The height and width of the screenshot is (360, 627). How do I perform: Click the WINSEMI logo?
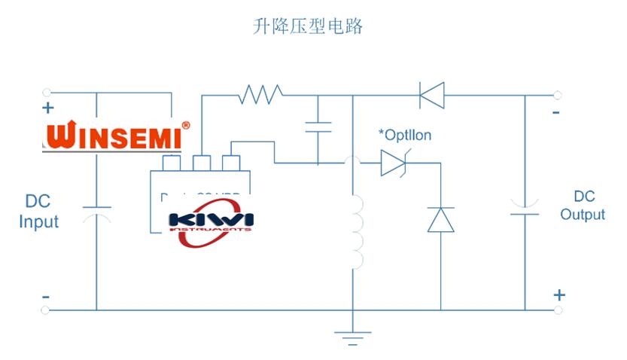[117, 136]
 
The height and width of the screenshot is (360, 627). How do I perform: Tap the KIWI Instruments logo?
[211, 223]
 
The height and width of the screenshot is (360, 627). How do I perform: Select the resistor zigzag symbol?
[260, 95]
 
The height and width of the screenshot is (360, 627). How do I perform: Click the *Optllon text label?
[405, 136]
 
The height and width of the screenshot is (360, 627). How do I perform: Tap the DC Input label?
[38, 212]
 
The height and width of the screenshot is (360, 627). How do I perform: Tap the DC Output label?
[583, 205]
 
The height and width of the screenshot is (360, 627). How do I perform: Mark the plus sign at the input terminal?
[50, 108]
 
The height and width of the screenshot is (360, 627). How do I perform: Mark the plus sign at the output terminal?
[559, 294]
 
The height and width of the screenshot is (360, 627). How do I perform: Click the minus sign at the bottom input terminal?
[46, 297]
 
